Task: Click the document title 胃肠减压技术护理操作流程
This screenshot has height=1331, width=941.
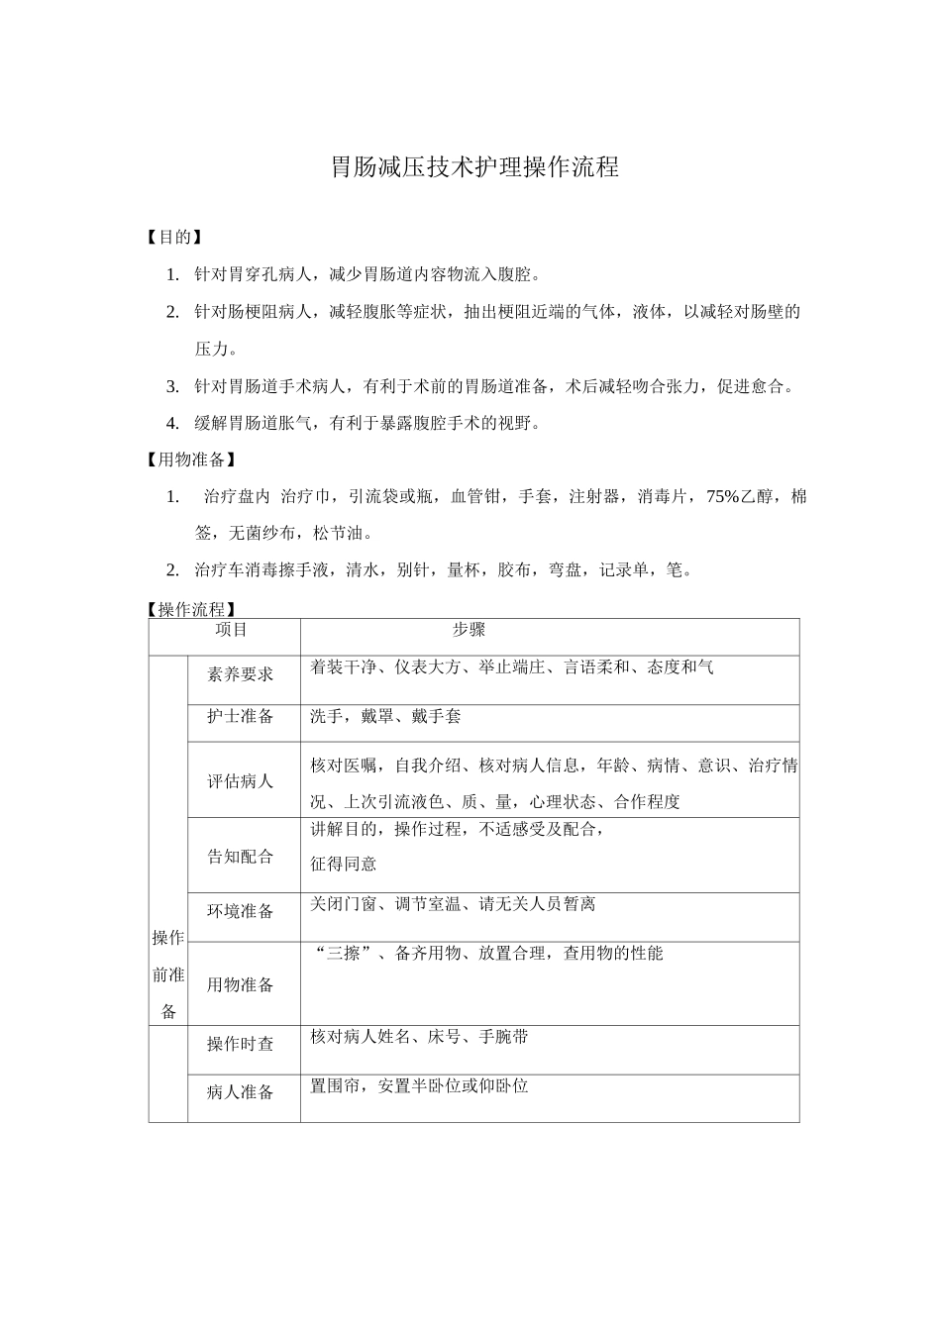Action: pos(474,167)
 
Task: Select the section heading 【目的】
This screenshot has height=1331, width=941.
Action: pos(173,237)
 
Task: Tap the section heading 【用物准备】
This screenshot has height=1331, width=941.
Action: pos(190,460)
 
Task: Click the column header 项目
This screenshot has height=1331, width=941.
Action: pos(231,630)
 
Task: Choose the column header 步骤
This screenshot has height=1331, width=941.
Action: pos(469,630)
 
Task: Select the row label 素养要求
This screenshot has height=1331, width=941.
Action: pos(240,674)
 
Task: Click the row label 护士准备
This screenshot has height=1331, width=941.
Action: pos(240,716)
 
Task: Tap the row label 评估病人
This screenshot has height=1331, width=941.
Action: pos(240,780)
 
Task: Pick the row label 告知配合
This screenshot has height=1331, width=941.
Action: pos(240,856)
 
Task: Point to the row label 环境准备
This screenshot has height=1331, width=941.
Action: pos(240,911)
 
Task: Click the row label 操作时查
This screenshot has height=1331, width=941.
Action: pos(240,1043)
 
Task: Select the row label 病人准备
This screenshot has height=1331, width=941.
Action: pos(240,1092)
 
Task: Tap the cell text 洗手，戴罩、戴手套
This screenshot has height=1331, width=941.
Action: pos(385,716)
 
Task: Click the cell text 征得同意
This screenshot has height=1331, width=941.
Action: pos(344,864)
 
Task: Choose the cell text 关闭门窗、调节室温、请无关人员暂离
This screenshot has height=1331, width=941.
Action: pos(453,904)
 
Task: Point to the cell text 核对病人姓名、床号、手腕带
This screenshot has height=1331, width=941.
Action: pos(419,1037)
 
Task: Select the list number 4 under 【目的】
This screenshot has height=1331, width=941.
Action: pos(172,423)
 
